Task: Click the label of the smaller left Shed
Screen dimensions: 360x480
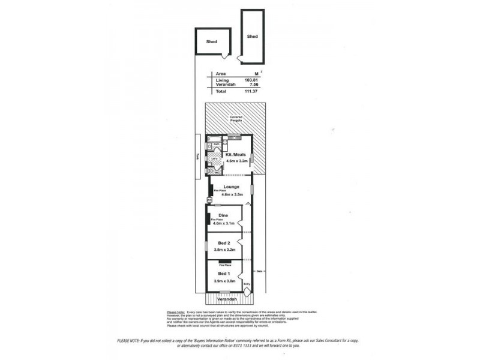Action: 212,42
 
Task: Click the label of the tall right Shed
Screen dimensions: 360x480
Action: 253,37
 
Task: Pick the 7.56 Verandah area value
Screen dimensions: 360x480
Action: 245,85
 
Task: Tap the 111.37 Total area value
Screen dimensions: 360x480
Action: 242,92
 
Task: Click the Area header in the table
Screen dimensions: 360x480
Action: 221,74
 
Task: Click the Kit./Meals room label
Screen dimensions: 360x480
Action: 236,154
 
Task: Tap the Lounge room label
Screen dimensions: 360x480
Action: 232,187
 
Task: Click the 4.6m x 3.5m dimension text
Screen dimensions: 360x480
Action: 233,194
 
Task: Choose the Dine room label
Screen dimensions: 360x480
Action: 223,215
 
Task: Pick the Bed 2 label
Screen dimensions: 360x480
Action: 224,242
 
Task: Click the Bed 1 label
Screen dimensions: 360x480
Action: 223,273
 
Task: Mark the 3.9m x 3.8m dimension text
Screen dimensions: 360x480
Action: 224,281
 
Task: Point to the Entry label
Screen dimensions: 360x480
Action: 246,283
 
